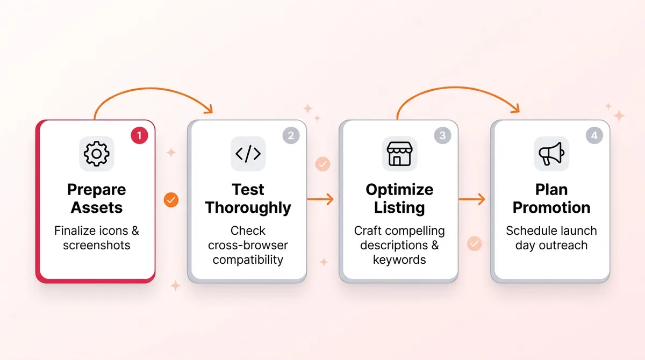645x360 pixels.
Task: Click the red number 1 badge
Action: point(139,135)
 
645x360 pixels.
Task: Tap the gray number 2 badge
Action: point(291,135)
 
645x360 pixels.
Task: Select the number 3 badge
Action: point(442,135)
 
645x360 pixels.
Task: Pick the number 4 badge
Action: point(594,135)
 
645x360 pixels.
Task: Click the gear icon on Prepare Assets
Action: point(97,154)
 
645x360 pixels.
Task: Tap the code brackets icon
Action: point(248,154)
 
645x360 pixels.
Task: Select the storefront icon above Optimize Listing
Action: point(399,154)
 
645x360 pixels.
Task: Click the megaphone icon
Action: point(551,154)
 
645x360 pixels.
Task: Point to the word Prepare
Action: point(97,190)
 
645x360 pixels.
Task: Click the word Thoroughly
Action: point(248,207)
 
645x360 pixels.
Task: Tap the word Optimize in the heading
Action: point(399,190)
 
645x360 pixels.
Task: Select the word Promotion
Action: point(551,207)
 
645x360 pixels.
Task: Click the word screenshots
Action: point(97,245)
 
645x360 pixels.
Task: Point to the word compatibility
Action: point(248,260)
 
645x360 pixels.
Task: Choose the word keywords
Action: point(399,260)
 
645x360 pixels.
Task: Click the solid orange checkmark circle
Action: point(171,200)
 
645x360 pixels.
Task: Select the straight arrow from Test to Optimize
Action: point(320,199)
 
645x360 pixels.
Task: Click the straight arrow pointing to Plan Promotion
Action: point(472,199)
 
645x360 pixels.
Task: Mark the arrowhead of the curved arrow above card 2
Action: point(208,110)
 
